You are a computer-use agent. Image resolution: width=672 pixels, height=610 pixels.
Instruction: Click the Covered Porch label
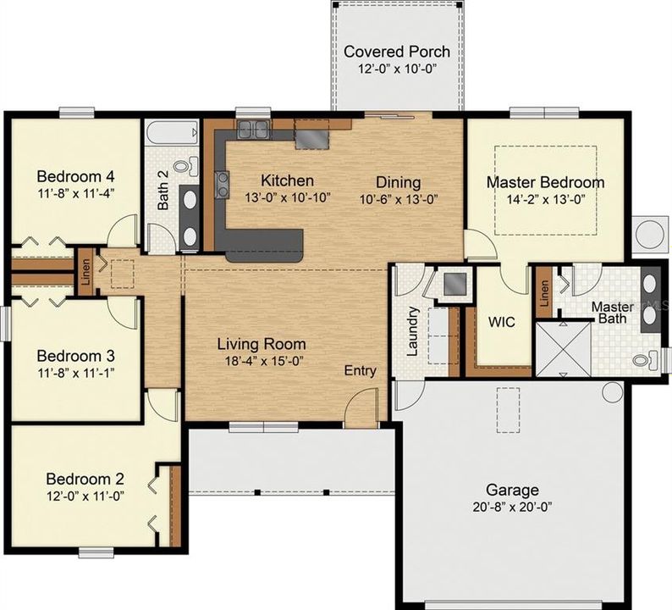pyautogui.click(x=396, y=52)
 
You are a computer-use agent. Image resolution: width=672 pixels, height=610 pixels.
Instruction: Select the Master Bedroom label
pyautogui.click(x=545, y=182)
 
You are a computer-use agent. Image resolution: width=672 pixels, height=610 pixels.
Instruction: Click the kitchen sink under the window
pyautogui.click(x=253, y=129)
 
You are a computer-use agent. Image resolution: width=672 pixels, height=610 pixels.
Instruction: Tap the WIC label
pyautogui.click(x=502, y=323)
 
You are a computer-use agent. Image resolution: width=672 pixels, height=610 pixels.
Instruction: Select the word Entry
pyautogui.click(x=360, y=370)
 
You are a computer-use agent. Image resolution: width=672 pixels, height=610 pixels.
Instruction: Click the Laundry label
pyautogui.click(x=412, y=330)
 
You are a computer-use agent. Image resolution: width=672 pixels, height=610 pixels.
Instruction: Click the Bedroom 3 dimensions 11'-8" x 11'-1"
pyautogui.click(x=76, y=371)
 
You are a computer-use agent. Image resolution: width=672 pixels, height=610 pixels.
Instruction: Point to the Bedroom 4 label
pyautogui.click(x=75, y=176)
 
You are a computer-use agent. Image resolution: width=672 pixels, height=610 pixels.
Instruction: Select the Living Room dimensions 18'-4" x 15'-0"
pyautogui.click(x=261, y=361)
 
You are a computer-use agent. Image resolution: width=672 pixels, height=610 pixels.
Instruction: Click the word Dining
pyautogui.click(x=398, y=182)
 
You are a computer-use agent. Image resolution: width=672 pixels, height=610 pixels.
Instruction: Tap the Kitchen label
pyautogui.click(x=287, y=180)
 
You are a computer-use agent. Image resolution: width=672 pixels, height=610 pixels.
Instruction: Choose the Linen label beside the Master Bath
pyautogui.click(x=544, y=292)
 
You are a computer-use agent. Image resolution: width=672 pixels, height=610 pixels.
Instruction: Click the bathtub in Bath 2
pyautogui.click(x=172, y=135)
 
